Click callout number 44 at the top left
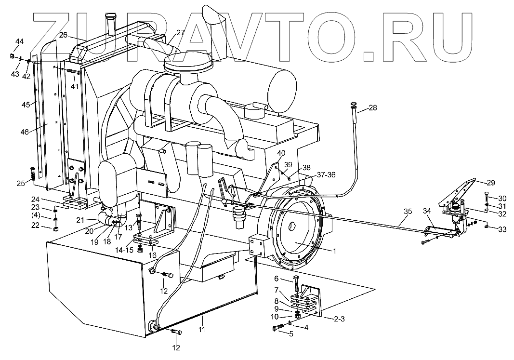[19, 41]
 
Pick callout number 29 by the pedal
[490, 183]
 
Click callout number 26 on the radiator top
[64, 35]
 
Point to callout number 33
[502, 230]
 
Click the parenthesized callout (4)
[49, 214]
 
